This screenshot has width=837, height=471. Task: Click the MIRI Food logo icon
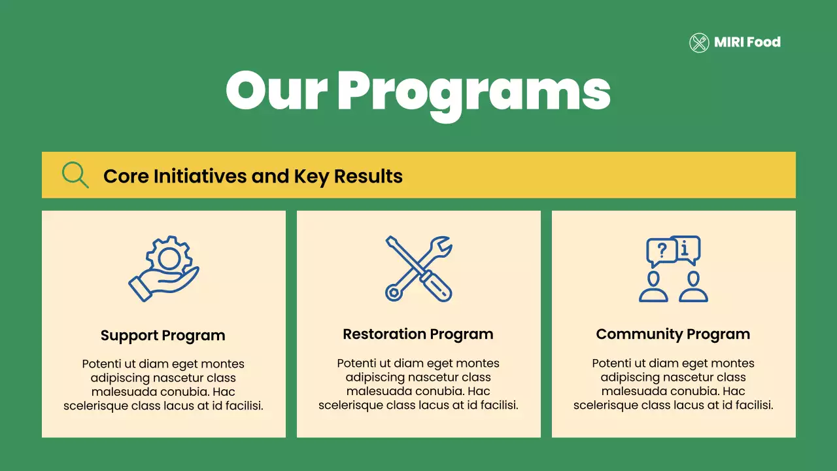coord(699,43)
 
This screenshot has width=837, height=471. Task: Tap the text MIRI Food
coord(747,43)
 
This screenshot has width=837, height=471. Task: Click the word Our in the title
coord(276,92)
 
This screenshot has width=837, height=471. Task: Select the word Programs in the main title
coord(473,93)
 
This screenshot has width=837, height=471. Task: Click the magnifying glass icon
coord(75,175)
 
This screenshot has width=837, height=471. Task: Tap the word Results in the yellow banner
coord(368,176)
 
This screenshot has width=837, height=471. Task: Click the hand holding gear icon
coord(163,269)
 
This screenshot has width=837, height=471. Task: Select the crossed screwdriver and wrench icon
coord(418,269)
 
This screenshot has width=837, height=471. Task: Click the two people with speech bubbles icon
coord(674,269)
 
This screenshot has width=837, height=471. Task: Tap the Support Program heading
coord(163,336)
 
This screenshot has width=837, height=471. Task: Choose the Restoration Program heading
coord(418,334)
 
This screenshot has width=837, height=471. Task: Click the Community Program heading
coord(673,334)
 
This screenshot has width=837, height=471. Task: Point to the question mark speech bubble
coord(661,251)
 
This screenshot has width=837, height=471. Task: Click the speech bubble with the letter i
coord(686,248)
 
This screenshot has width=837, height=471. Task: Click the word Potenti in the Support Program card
coord(101,364)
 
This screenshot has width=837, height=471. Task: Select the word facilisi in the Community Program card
coord(751,406)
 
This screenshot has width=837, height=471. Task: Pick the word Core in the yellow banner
coord(126,176)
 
